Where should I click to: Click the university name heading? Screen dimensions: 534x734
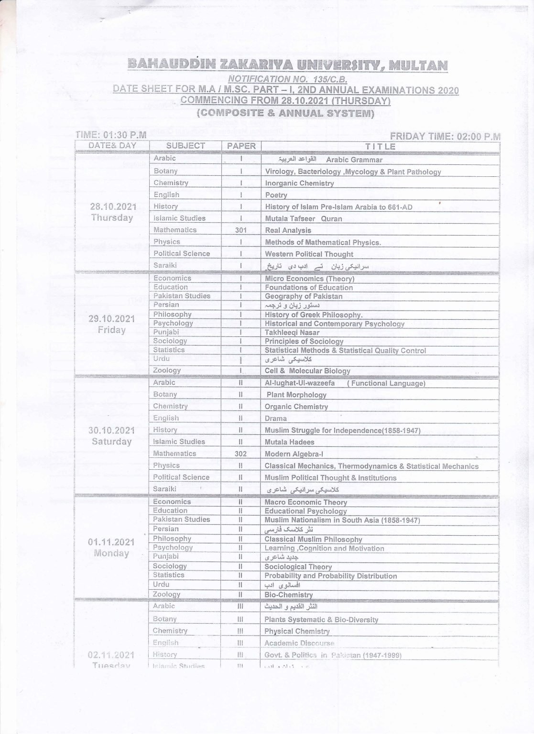coord(287,65)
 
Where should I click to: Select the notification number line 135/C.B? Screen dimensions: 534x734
coord(287,79)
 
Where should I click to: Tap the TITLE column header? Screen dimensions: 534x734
coord(380,146)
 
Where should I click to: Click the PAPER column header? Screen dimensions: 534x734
coord(241,146)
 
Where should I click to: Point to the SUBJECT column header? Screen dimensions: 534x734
coord(185,146)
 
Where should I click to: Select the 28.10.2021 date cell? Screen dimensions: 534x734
coord(113,207)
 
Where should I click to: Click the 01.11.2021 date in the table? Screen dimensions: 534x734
coord(111,542)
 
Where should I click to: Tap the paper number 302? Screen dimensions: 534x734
coord(240,453)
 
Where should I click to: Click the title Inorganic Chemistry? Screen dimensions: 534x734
coord(299,183)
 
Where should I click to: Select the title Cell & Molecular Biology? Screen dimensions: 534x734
coord(307,371)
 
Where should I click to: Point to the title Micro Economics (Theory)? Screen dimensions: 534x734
coord(309,279)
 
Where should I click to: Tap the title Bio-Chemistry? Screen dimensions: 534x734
coord(288,595)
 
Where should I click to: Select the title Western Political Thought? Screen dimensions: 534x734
coord(309,254)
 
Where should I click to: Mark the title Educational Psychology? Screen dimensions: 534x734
coord(305,511)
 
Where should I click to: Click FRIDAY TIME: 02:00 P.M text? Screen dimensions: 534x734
coord(445,137)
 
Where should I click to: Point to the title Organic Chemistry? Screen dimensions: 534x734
coord(296,407)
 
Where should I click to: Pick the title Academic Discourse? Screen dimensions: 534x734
coord(299,643)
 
